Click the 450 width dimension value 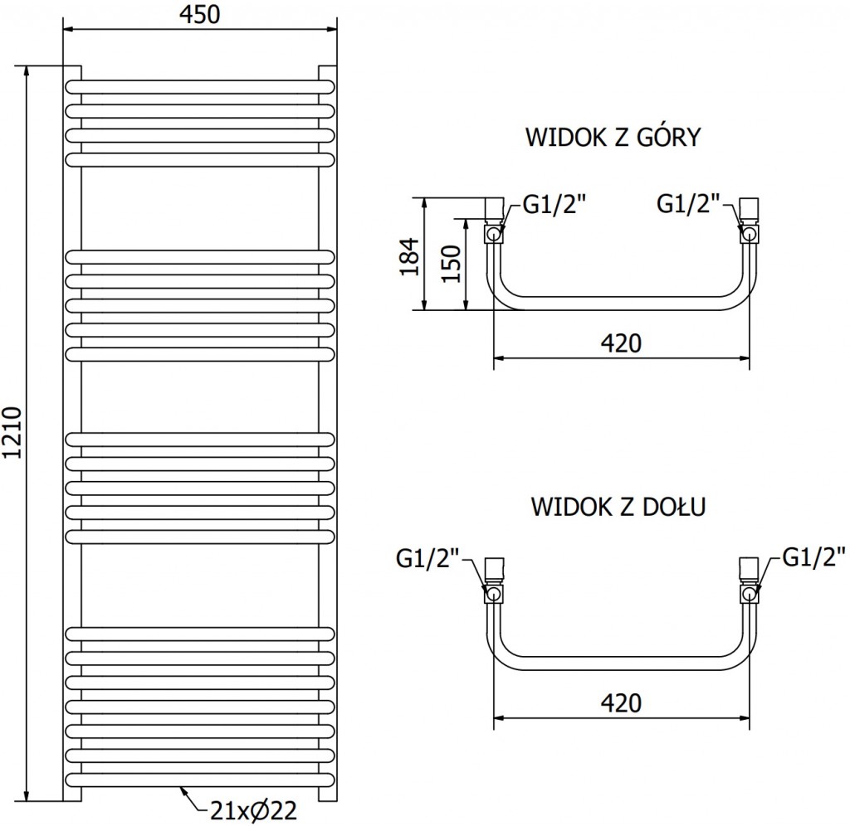point(200,15)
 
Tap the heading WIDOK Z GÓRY point(613,137)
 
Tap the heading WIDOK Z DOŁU point(618,506)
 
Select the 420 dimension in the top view point(621,342)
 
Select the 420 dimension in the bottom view point(621,702)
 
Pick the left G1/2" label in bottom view point(427,557)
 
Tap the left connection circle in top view point(495,235)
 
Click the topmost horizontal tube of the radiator point(200,85)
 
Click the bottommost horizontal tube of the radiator point(200,780)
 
